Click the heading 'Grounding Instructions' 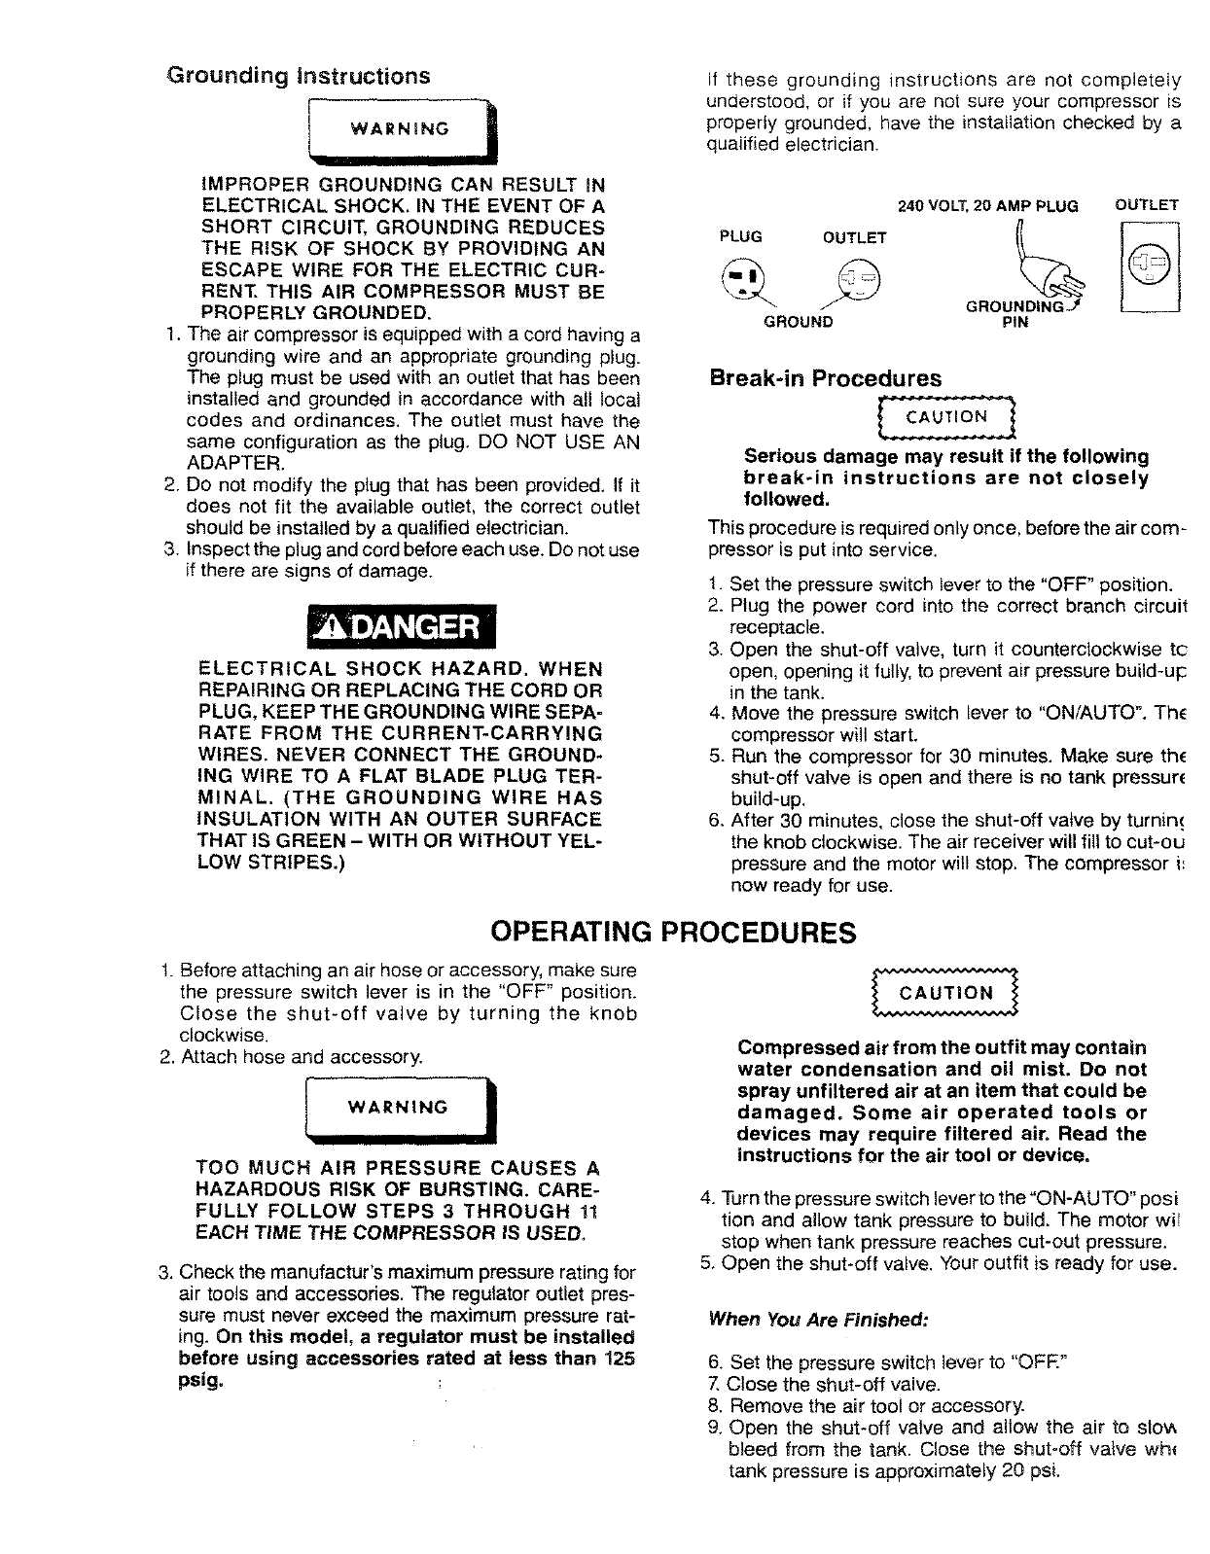[299, 76]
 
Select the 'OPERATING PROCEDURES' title [674, 933]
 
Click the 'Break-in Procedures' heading [826, 378]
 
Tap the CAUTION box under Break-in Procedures [945, 418]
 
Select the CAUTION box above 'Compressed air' [945, 993]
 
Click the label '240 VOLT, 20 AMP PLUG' [988, 206]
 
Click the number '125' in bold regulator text [619, 1358]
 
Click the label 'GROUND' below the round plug [797, 322]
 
